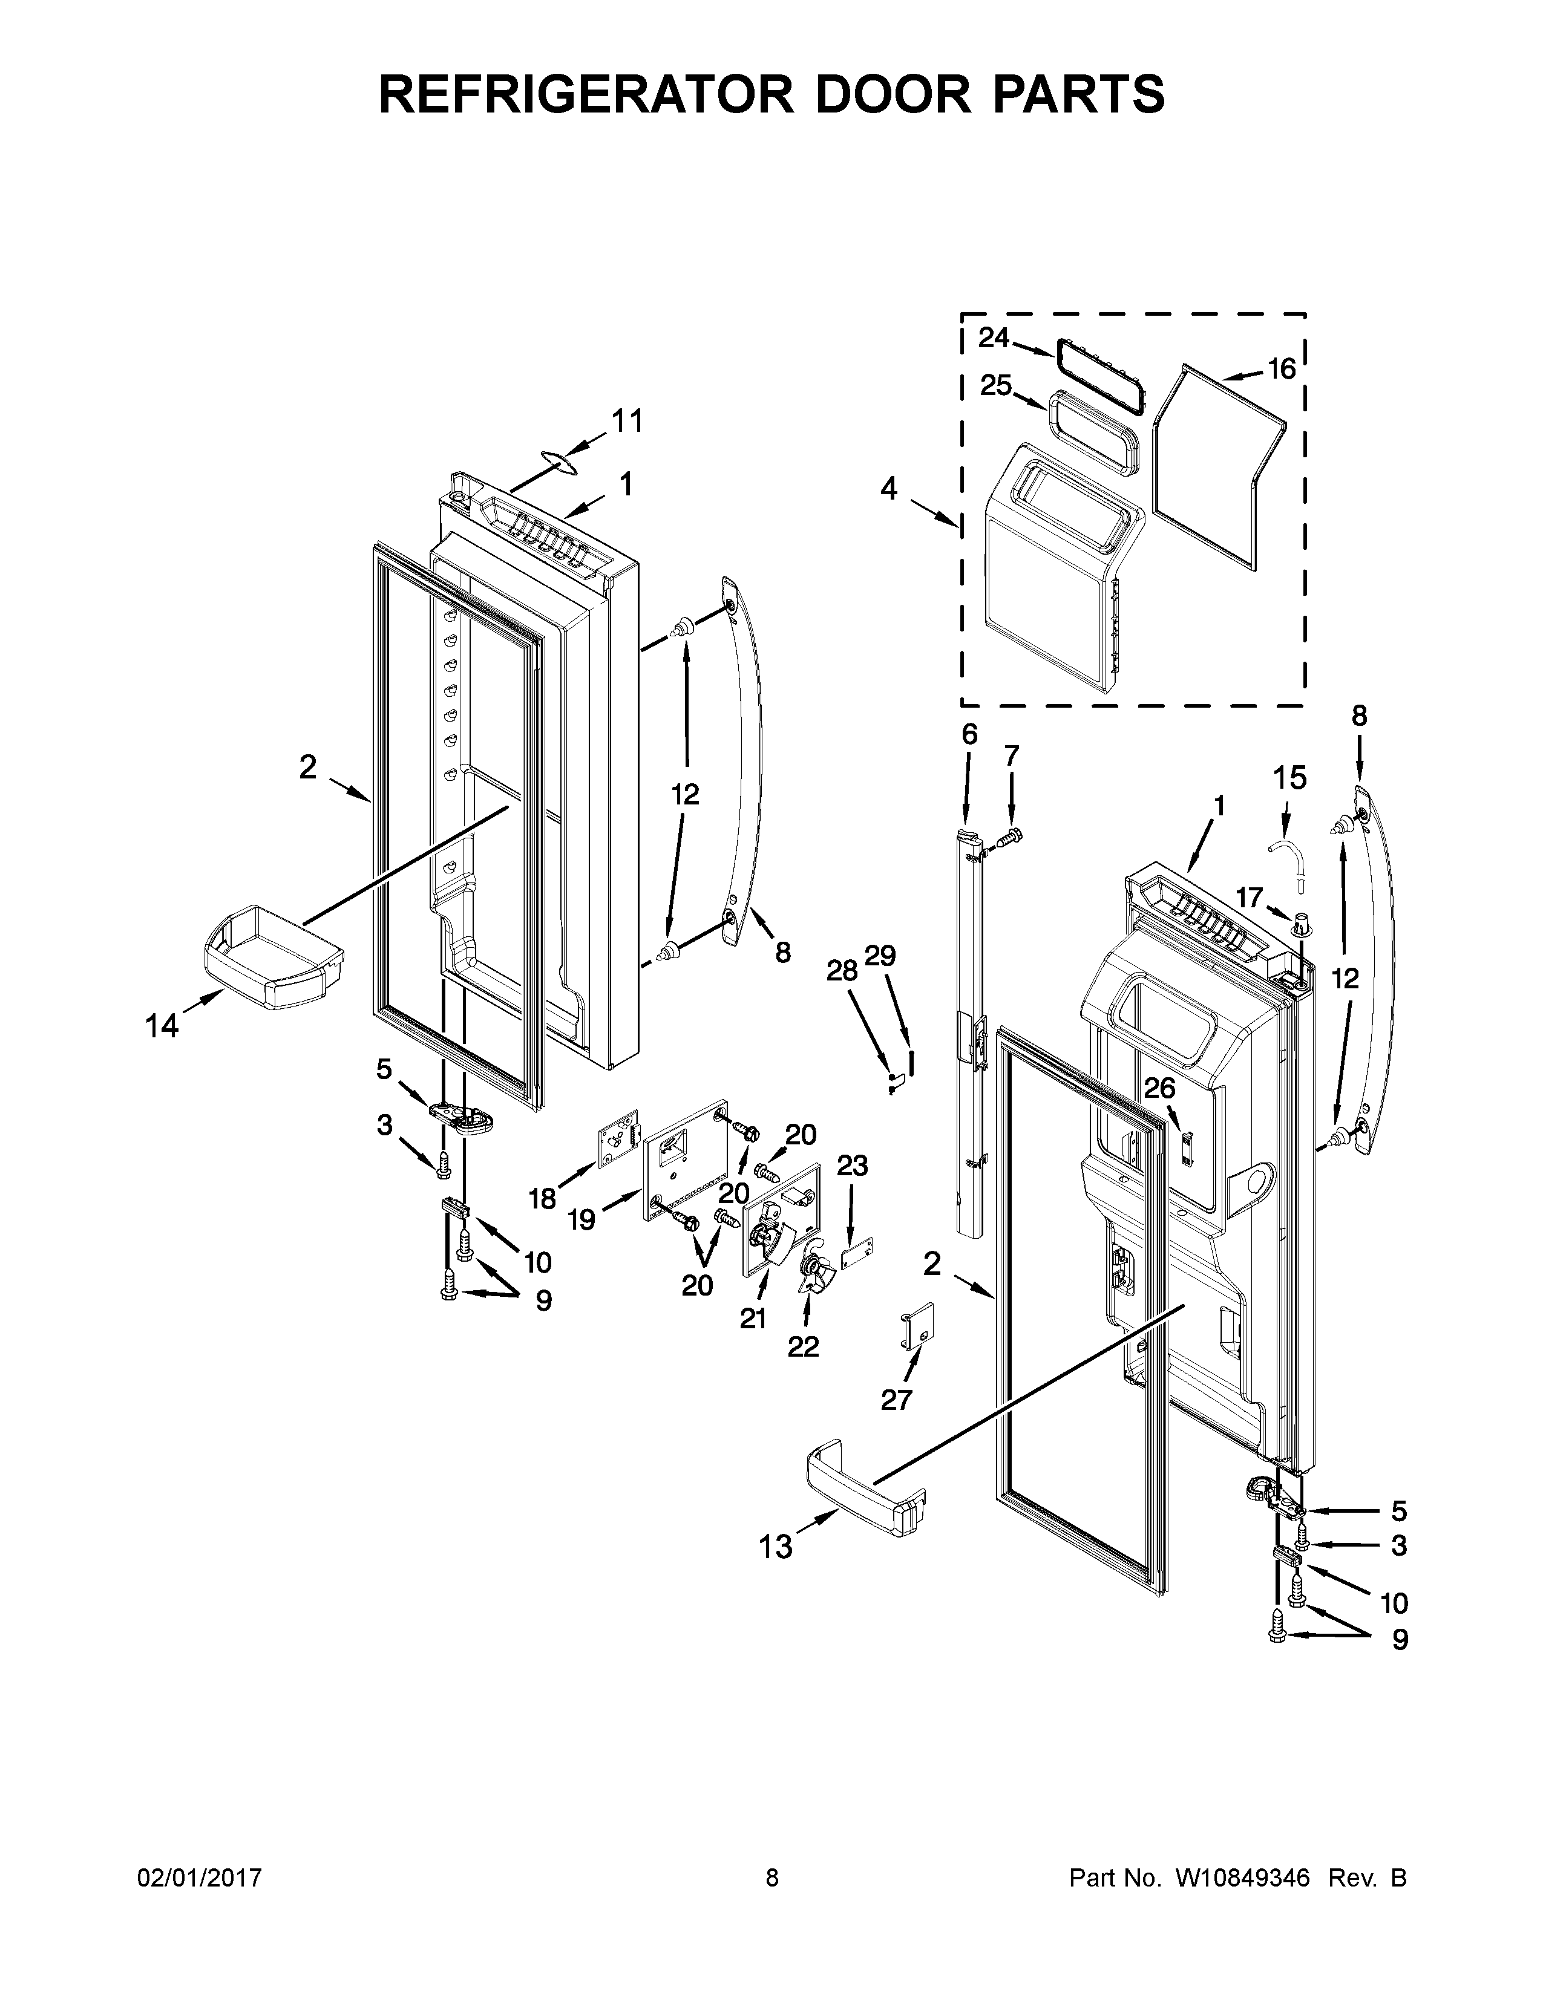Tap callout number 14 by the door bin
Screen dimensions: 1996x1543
pyautogui.click(x=162, y=1026)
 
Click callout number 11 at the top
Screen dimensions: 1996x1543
pyautogui.click(x=626, y=422)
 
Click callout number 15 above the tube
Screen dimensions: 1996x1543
pyautogui.click(x=1290, y=778)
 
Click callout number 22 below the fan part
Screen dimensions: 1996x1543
pyautogui.click(x=804, y=1346)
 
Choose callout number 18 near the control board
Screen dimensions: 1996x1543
pyautogui.click(x=542, y=1198)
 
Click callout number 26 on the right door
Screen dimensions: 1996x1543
pyautogui.click(x=1159, y=1089)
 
